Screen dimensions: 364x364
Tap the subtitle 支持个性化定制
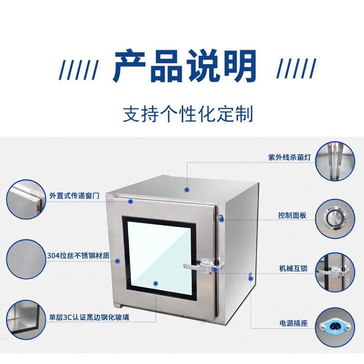(x=188, y=113)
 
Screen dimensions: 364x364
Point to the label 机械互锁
(x=293, y=269)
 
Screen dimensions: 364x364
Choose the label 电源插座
(x=293, y=323)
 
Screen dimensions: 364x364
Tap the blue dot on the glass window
(x=155, y=283)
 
